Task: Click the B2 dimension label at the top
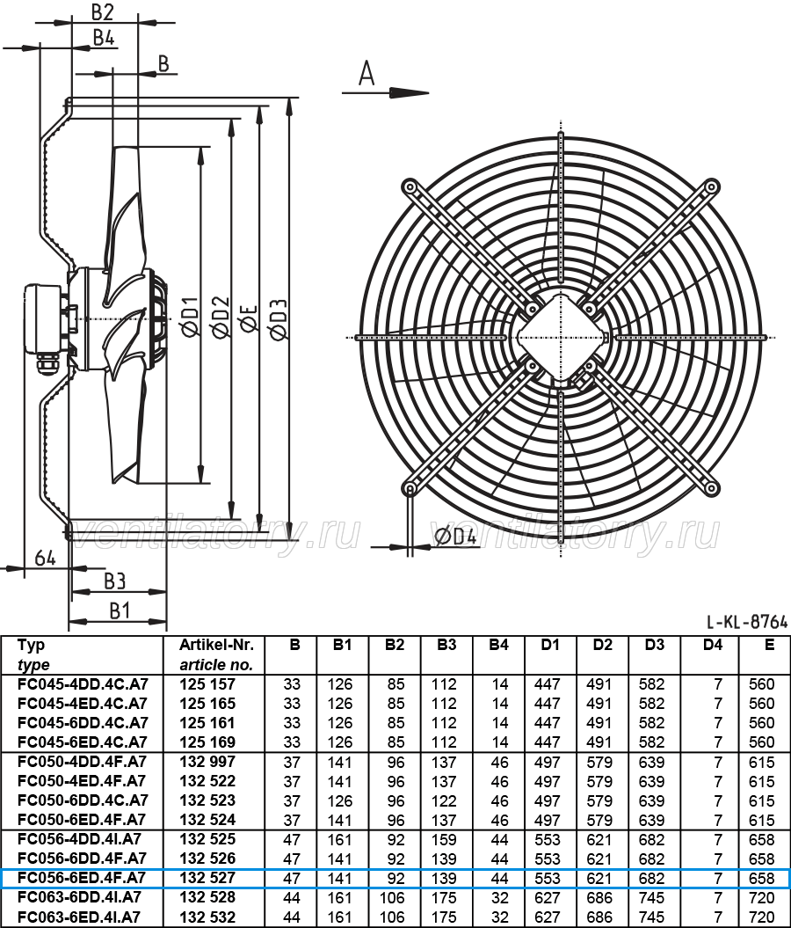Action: [x=102, y=11]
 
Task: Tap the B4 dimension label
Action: [x=104, y=37]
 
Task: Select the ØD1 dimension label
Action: [x=191, y=318]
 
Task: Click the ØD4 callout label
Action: [x=455, y=537]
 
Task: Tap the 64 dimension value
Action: [x=45, y=558]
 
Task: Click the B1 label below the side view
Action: [x=120, y=610]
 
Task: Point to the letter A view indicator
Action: [x=366, y=74]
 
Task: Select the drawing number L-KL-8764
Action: [x=747, y=622]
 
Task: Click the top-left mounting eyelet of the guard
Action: [x=409, y=186]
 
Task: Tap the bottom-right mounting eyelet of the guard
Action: [x=712, y=488]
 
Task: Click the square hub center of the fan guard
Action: [x=561, y=338]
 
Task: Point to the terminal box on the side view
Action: [x=41, y=318]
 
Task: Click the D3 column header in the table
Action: [x=655, y=645]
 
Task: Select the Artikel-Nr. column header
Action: [x=216, y=645]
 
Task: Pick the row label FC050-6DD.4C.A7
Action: [x=83, y=800]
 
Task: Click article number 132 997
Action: [x=207, y=762]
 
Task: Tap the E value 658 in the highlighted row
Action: [x=761, y=878]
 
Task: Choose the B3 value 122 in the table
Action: [x=444, y=800]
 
